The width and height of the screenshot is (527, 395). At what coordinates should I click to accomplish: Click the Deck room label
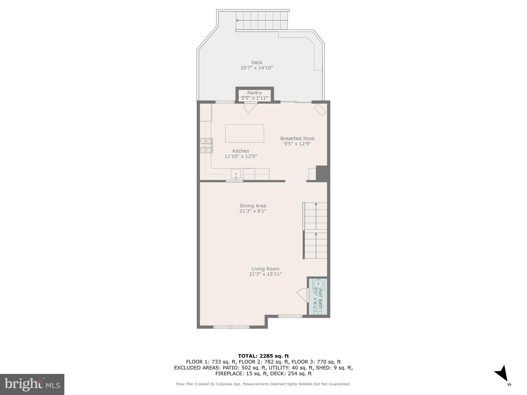(257, 62)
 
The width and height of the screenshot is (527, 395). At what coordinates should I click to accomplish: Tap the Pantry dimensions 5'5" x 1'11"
(254, 98)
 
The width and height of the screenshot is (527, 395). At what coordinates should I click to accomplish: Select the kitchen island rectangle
(244, 133)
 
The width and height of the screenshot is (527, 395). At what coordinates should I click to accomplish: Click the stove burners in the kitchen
(206, 146)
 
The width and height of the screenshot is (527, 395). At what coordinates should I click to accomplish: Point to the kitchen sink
(236, 174)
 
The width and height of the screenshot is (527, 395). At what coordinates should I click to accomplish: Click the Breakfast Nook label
(297, 138)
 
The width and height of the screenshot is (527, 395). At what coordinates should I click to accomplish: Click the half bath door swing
(303, 295)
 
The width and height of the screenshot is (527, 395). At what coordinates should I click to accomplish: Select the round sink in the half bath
(318, 284)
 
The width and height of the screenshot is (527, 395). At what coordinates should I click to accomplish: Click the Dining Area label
(253, 206)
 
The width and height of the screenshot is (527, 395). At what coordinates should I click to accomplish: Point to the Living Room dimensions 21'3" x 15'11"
(265, 274)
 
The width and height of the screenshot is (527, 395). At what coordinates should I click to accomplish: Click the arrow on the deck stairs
(237, 20)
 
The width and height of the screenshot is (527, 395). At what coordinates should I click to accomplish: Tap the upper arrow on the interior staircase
(316, 204)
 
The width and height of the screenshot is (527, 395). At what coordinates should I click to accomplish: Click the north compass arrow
(502, 374)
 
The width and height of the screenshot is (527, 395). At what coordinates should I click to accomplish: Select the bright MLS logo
(32, 384)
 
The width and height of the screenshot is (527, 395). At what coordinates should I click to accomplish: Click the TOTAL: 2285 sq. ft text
(263, 356)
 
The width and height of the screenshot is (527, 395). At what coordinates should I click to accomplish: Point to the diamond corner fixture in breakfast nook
(320, 110)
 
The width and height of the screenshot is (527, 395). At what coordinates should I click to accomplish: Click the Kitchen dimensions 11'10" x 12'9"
(241, 156)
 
